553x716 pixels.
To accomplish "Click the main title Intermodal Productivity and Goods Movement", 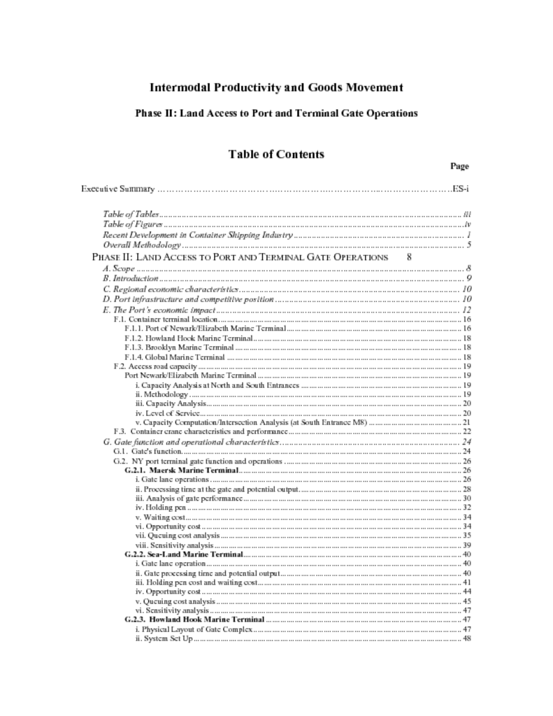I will click(276, 87).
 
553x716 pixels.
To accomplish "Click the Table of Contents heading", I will click(276, 154).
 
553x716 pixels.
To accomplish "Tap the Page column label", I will click(459, 166).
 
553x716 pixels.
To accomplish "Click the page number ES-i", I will click(460, 189).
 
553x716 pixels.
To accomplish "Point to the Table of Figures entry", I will click(133, 224).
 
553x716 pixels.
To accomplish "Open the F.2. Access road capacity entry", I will click(156, 366).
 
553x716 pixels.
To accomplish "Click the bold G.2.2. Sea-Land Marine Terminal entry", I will click(184, 554).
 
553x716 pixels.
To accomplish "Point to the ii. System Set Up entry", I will click(164, 639).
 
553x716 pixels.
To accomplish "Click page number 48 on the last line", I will click(466, 639).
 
